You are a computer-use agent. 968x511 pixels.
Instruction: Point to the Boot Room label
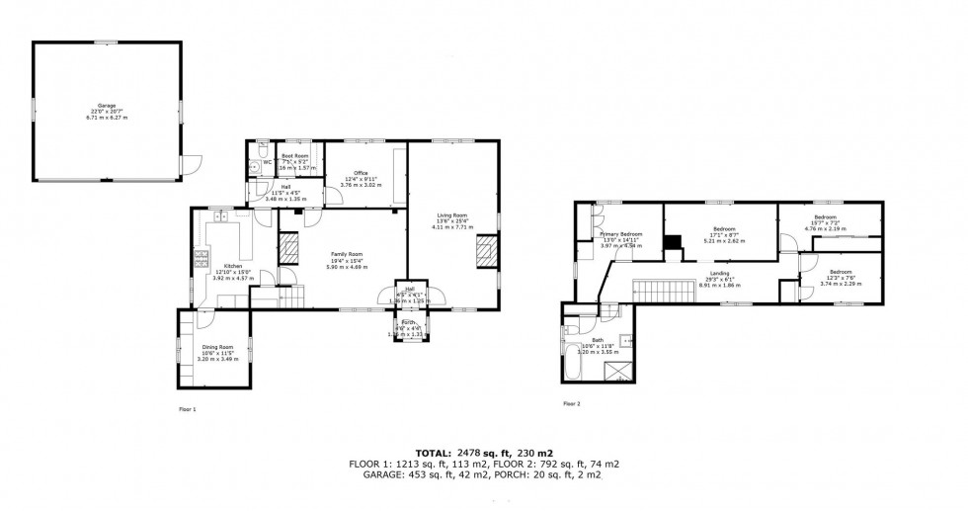294,156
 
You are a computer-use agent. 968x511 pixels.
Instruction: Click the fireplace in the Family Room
289,248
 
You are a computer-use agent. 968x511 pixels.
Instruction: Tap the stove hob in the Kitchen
202,260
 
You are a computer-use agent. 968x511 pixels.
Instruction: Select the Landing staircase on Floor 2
652,292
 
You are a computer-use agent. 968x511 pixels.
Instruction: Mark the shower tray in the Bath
618,373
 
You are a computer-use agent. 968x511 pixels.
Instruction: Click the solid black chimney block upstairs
672,241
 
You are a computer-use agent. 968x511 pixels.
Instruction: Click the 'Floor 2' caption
571,403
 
